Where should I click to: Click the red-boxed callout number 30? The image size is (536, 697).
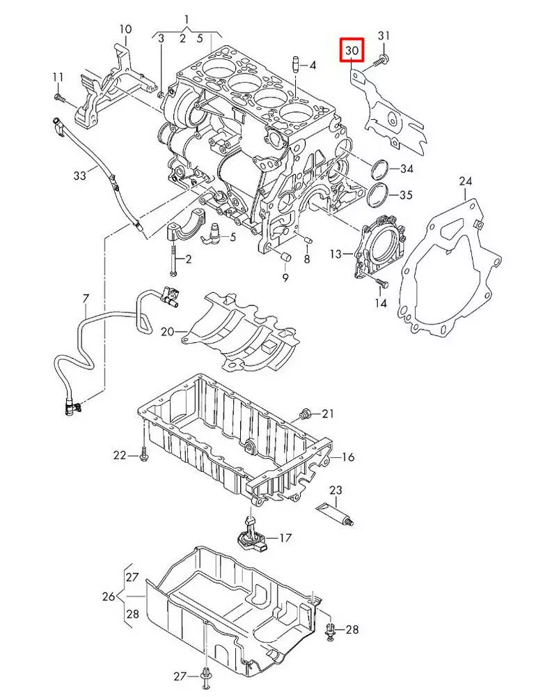(352, 50)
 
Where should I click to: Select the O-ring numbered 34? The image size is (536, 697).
(379, 169)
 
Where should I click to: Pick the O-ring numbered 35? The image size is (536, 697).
(378, 195)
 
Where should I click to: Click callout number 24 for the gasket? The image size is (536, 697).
(466, 182)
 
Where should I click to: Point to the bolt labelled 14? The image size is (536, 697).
(379, 282)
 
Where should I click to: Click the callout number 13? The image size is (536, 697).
(336, 254)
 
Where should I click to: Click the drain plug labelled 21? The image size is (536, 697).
(305, 415)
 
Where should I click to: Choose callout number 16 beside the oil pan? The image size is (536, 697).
(348, 457)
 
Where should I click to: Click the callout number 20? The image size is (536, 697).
(167, 332)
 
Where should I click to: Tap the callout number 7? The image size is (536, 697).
(86, 299)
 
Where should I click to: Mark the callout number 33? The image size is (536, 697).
(79, 176)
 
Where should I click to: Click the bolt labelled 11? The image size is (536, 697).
(59, 98)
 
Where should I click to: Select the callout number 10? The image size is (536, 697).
(125, 29)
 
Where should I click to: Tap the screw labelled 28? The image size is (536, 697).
(331, 631)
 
